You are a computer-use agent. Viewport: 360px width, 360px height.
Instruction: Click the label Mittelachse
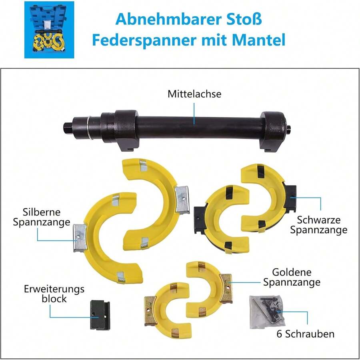click(x=194, y=94)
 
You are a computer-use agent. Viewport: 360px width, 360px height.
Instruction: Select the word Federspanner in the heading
click(x=144, y=40)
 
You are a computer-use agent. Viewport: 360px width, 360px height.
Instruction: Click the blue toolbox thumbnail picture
click(x=49, y=30)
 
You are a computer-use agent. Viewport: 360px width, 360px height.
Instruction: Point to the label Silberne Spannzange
click(x=42, y=217)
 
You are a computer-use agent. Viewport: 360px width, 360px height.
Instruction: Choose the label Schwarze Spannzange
click(x=318, y=225)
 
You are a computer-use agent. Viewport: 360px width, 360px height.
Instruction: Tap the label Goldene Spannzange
click(x=292, y=277)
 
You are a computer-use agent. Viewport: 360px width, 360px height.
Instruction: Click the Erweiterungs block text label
click(x=54, y=294)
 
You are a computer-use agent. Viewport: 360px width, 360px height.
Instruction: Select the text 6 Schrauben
click(x=305, y=334)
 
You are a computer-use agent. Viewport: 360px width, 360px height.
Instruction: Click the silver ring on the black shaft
click(x=89, y=128)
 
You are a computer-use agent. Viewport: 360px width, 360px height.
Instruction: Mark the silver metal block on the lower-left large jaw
click(x=80, y=238)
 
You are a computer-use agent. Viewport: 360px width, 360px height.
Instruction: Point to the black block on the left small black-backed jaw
click(x=200, y=220)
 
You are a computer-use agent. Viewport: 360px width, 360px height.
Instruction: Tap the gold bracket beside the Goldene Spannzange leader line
click(x=226, y=288)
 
